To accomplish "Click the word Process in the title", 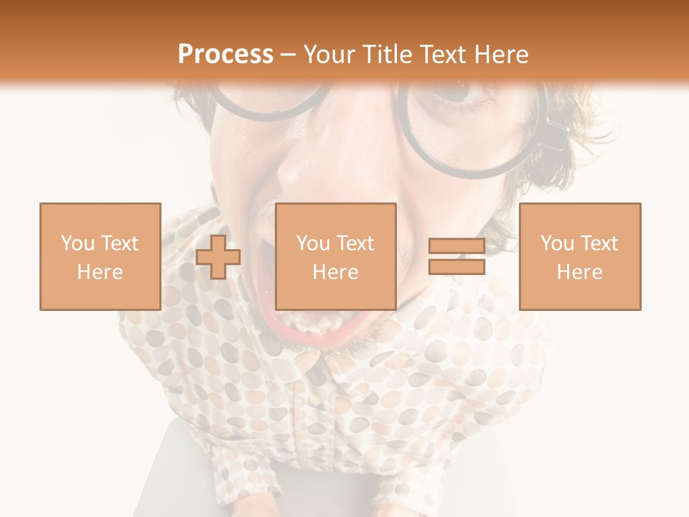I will tap(225, 55).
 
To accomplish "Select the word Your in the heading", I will tap(328, 55).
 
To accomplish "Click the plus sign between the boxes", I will tap(218, 257).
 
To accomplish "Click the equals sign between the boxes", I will tap(456, 257).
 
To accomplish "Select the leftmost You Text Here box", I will tap(100, 256).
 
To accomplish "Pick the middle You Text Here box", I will tap(335, 256).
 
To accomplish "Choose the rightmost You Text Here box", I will tap(579, 256).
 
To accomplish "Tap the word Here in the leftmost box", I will tap(100, 272).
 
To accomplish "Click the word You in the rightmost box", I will tap(557, 243).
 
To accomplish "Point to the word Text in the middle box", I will tap(355, 243).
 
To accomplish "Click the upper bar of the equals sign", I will tap(456, 246).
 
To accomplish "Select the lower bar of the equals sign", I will tap(456, 267).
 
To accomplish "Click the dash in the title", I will tap(289, 55).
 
